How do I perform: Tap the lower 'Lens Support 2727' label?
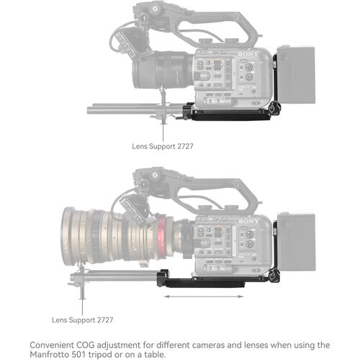pyautogui.click(x=82, y=318)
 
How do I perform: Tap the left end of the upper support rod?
pyautogui.click(x=91, y=109)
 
